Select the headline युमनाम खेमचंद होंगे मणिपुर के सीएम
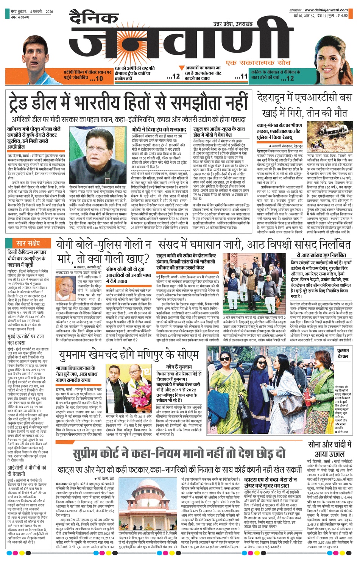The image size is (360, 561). click(129, 354)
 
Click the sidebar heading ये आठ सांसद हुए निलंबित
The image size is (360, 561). click(321, 256)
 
